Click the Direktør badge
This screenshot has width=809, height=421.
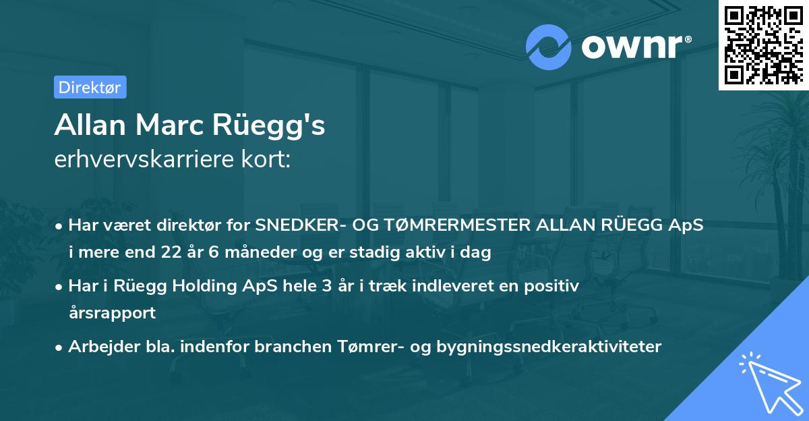90,87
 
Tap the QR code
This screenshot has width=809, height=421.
762,45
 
